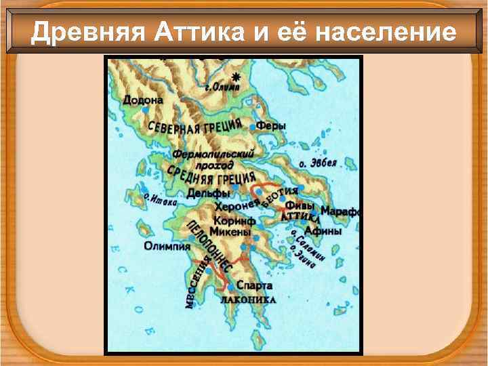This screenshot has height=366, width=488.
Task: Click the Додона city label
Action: pyautogui.click(x=143, y=100)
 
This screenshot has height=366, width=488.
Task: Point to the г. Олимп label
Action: pyautogui.click(x=223, y=87)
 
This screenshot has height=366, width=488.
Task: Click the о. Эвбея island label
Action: pyautogui.click(x=318, y=163)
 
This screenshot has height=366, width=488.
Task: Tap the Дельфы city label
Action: pyautogui.click(x=209, y=194)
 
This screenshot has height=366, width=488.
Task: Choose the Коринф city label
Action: pyautogui.click(x=234, y=221)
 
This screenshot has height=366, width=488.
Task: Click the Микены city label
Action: pyautogui.click(x=232, y=233)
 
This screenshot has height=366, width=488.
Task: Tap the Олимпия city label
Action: pyautogui.click(x=167, y=246)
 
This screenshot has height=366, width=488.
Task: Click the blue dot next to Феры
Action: pyautogui.click(x=253, y=127)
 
